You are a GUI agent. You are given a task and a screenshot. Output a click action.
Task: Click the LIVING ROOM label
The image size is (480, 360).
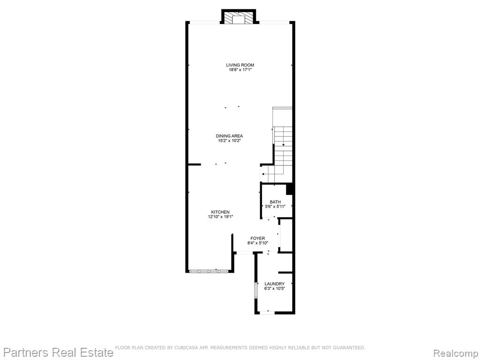pos(240,65)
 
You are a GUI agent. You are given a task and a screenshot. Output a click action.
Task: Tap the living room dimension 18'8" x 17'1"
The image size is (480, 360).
pos(240,70)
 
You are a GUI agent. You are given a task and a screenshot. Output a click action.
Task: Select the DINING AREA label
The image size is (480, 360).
pos(229,136)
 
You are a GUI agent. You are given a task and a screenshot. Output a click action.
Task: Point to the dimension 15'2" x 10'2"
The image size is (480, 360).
pos(229,141)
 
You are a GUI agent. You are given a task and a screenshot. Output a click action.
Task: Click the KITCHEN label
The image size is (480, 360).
pos(220,212)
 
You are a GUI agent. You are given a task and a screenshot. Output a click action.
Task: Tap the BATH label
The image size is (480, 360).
pos(275,202)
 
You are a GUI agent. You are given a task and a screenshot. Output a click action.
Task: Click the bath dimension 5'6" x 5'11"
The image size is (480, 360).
pos(275,207)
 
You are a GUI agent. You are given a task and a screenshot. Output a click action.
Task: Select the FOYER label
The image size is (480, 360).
pos(258,238)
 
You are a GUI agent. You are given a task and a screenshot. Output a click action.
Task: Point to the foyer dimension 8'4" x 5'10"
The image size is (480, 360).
pos(258,243)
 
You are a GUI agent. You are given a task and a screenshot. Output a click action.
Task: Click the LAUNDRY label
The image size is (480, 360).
pos(275,284)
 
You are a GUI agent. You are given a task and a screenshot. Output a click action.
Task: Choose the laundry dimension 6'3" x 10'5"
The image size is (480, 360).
pos(275,288)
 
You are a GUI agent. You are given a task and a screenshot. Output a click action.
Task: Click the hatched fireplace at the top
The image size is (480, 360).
pos(239,17)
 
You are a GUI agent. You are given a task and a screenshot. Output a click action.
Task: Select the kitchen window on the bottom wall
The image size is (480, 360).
pos(209,271)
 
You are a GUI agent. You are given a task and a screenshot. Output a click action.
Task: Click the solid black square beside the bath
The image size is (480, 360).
pos(290,188)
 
